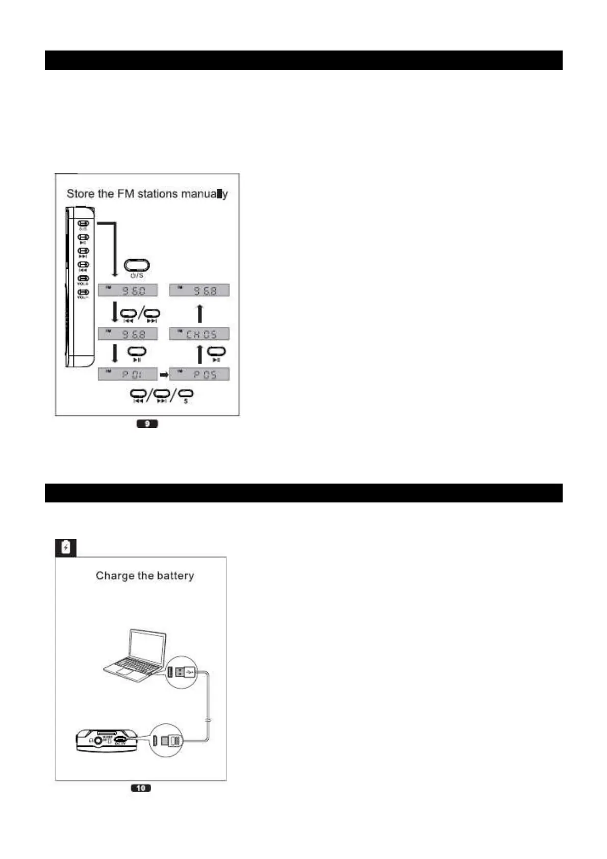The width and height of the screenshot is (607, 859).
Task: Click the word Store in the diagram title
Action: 80,194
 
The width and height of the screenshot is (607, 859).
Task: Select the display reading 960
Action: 128,290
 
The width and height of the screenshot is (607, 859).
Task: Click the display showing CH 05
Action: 199,334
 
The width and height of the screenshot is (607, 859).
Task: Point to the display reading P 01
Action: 128,374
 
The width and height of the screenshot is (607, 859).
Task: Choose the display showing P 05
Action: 199,374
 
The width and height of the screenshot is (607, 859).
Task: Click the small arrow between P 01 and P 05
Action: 164,374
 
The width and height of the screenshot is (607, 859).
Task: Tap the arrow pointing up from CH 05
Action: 200,313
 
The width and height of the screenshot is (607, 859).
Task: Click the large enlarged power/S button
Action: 137,265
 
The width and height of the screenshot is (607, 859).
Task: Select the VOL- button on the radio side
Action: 83,292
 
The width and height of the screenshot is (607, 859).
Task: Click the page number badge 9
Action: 147,423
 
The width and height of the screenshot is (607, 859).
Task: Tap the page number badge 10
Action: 141,788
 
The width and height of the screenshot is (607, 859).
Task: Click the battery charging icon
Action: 66,548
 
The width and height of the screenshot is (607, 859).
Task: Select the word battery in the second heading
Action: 175,575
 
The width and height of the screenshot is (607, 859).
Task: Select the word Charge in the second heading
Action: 111,575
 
